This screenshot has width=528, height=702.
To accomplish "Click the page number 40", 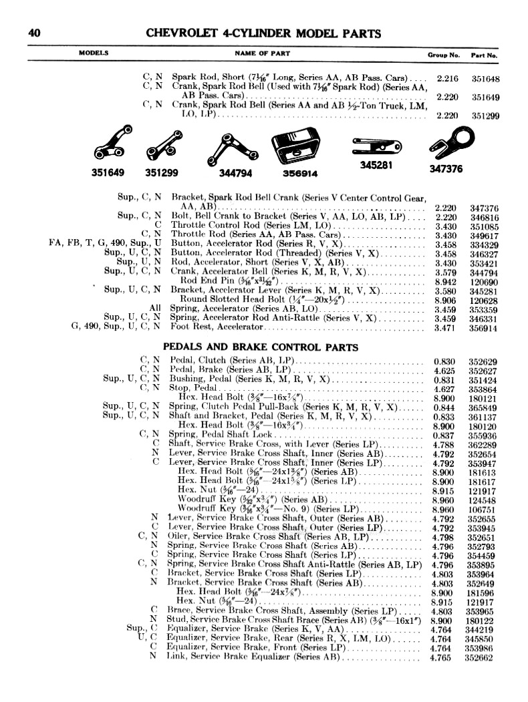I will pyautogui.click(x=35, y=33).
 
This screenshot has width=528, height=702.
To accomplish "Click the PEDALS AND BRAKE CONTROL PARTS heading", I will pyautogui.click(x=261, y=347).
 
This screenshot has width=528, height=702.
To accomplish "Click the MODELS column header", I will pyautogui.click(x=94, y=53).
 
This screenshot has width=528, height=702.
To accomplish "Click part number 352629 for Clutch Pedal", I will pyautogui.click(x=482, y=362).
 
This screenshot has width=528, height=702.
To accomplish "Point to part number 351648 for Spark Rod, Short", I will pyautogui.click(x=485, y=78).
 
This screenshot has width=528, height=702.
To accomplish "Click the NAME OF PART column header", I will pyautogui.click(x=259, y=53).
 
